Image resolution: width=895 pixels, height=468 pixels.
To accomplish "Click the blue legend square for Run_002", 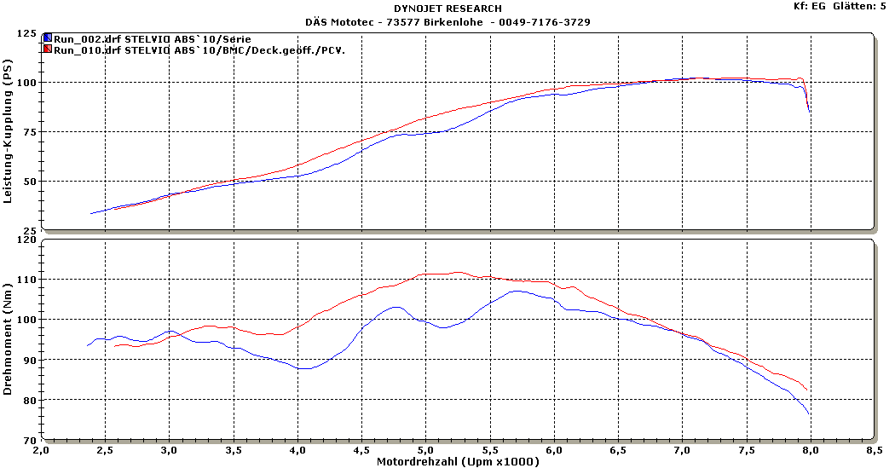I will pos(48,39).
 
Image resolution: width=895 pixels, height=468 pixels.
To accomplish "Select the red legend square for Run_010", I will pos(48,49).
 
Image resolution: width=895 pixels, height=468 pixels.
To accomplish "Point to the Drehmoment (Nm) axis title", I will pos(9,339).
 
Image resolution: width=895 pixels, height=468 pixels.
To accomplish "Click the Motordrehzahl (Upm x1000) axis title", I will pos(458,461).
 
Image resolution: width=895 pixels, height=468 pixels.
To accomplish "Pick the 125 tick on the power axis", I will pos(27,34).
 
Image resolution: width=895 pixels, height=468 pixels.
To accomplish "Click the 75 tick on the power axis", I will pos(31,132).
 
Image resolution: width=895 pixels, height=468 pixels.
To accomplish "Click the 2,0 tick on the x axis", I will pos(41,449).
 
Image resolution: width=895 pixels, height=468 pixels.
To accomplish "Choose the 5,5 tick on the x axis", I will pos(490,449).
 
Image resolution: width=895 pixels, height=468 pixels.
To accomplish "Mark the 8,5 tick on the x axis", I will pos(875,449).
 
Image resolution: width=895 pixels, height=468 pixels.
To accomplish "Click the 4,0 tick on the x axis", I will pos(297,449).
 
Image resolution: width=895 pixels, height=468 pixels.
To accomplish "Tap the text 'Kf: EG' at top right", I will pos(809,6).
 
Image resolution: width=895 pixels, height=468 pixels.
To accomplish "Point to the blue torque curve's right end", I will pos(809,414).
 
